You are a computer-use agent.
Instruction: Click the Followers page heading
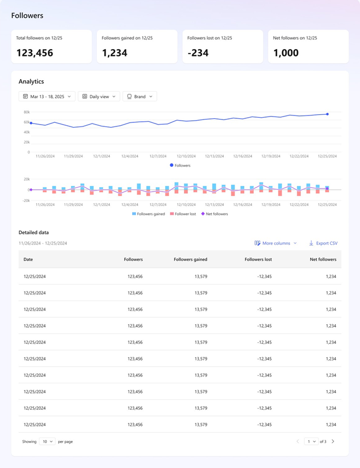(x=27, y=16)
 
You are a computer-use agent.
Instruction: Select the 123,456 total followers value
(x=35, y=53)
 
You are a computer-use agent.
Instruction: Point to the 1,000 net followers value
(x=286, y=53)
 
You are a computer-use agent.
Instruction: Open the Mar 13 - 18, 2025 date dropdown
(x=47, y=96)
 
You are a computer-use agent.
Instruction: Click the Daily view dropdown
(x=99, y=96)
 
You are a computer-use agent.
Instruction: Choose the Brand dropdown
(x=140, y=96)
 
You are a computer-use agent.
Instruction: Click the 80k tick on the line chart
(x=27, y=112)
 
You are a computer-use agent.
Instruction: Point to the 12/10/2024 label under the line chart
(x=186, y=156)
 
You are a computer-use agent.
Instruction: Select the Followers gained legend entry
(x=148, y=214)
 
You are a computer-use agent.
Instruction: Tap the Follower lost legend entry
(x=183, y=214)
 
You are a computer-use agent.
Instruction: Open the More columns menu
(x=276, y=244)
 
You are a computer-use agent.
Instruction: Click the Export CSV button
(x=323, y=244)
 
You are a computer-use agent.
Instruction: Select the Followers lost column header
(x=258, y=260)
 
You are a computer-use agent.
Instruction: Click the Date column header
(x=28, y=260)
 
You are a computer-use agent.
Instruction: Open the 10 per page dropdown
(x=47, y=441)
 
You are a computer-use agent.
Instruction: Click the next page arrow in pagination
(x=333, y=441)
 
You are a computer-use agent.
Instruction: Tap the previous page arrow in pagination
(x=298, y=441)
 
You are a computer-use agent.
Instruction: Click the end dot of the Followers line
(x=327, y=114)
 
